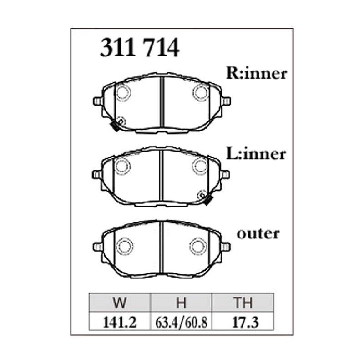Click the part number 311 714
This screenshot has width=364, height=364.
point(139,48)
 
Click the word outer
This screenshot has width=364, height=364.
point(258,233)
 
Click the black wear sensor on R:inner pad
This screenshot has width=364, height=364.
point(116,127)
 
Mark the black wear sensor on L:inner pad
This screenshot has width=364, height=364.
point(207,200)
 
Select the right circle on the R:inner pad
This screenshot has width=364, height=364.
point(200,92)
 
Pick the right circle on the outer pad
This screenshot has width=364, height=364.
point(198,246)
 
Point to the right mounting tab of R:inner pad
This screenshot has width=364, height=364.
point(226,101)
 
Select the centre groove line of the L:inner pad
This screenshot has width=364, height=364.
point(162,175)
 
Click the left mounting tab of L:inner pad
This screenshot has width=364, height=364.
point(97,174)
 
